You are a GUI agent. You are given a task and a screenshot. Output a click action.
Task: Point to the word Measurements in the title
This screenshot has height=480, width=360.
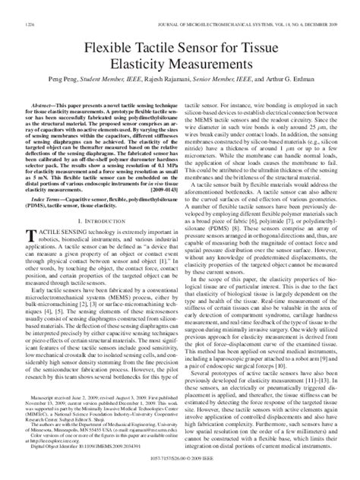[207, 45]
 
